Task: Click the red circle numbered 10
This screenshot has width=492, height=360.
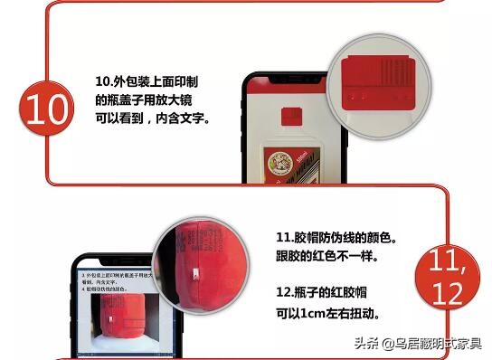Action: [43, 109]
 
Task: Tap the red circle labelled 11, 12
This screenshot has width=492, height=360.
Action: [445, 277]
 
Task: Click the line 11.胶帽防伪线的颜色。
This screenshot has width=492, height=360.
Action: [336, 238]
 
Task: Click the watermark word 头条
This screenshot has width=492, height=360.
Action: [363, 344]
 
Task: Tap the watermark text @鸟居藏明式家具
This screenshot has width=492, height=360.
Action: [431, 344]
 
